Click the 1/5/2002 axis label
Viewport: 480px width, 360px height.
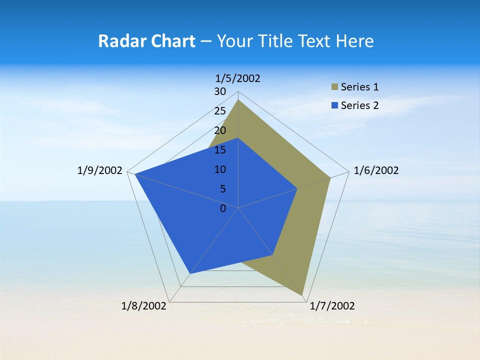(237, 78)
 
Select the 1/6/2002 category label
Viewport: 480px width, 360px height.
(376, 170)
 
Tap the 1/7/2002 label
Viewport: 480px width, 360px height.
(332, 306)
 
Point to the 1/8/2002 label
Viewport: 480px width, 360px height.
(144, 306)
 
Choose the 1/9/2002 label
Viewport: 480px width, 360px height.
(99, 170)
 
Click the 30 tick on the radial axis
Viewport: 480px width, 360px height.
(220, 91)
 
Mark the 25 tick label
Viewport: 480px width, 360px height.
(220, 111)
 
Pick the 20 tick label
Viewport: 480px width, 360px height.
(220, 130)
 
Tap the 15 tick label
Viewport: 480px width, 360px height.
(220, 150)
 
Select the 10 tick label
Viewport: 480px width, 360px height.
(220, 169)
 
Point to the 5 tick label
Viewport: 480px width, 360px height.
(222, 189)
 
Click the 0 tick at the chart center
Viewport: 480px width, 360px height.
(223, 208)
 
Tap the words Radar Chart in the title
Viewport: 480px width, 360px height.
(146, 41)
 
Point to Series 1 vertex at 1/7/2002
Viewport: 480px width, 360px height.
(302, 295)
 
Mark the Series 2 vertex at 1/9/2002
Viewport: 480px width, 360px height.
(134, 174)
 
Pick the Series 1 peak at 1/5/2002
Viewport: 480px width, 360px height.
(238, 99)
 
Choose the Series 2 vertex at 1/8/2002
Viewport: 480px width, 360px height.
(189, 273)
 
